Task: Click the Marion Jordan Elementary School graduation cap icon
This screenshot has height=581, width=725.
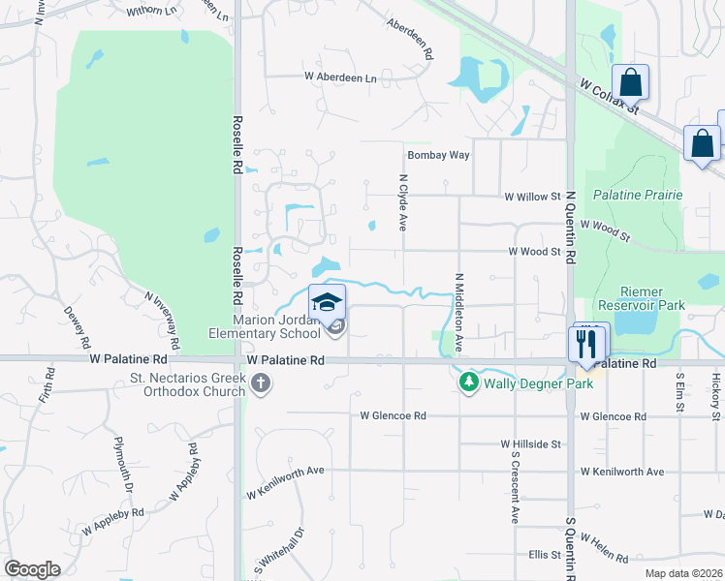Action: (x=328, y=302)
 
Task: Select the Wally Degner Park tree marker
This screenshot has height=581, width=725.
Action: (x=469, y=383)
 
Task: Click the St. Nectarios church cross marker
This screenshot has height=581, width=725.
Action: (x=259, y=384)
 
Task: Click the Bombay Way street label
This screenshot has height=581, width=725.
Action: (x=438, y=155)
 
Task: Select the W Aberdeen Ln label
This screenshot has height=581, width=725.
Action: (x=340, y=76)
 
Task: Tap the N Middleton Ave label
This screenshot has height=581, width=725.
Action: (x=458, y=312)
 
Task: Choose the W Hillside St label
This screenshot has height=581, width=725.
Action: (x=531, y=444)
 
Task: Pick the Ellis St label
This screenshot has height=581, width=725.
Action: (x=546, y=555)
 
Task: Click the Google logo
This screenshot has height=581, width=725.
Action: (x=32, y=569)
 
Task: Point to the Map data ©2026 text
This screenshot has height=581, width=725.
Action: (x=683, y=573)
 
